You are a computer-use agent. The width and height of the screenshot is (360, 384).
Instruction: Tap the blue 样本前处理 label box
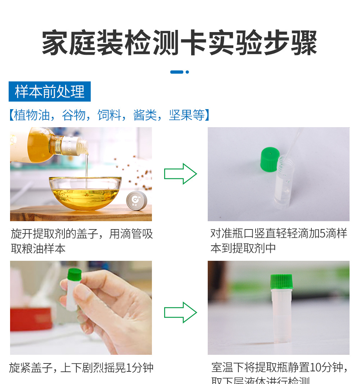point(50,91)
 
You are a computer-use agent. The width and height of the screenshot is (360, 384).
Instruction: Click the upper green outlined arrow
point(180,174)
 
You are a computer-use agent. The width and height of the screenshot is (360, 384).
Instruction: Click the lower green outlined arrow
point(180,312)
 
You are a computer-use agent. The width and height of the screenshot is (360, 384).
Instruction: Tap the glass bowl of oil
point(85,193)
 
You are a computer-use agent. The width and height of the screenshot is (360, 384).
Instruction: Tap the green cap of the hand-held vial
point(75,273)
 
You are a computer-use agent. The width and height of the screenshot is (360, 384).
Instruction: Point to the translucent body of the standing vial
point(282,317)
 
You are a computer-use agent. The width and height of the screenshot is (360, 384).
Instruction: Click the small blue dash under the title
point(177,72)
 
